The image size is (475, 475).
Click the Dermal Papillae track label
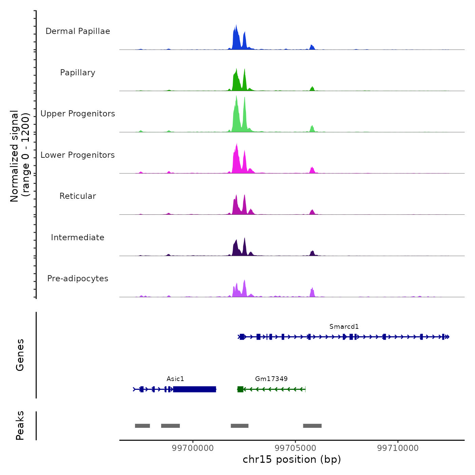click(x=78, y=31)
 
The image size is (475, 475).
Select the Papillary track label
click(x=78, y=73)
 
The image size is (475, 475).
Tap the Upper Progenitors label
click(x=78, y=114)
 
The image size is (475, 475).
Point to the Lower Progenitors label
click(x=78, y=155)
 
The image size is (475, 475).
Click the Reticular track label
click(x=78, y=196)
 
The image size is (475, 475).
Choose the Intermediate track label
click(x=78, y=237)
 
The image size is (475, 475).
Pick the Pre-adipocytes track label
click(x=78, y=279)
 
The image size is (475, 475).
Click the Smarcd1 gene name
click(x=344, y=326)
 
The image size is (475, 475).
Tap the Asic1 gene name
click(x=175, y=379)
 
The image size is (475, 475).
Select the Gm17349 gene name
click(x=271, y=379)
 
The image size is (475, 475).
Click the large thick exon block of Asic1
click(x=194, y=389)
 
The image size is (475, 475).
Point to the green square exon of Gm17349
click(x=240, y=389)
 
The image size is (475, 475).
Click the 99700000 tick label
click(x=193, y=448)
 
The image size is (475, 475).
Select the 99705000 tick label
click(x=296, y=448)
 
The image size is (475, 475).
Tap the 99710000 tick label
click(x=398, y=448)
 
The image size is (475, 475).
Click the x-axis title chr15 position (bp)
click(x=292, y=459)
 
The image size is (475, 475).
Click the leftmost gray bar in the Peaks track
click(x=142, y=426)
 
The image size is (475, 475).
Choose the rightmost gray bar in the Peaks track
click(x=312, y=426)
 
